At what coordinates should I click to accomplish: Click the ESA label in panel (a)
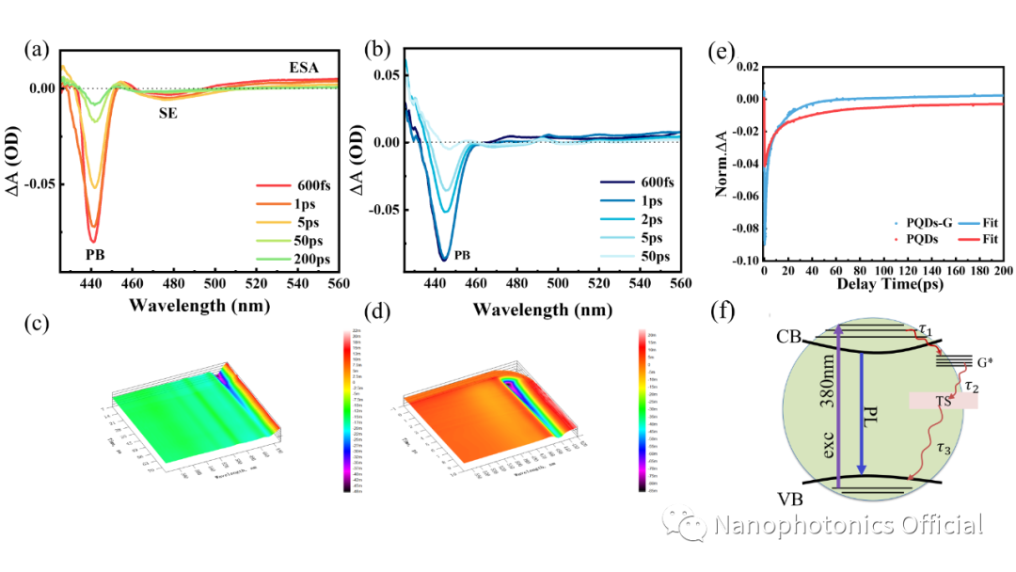click(304, 67)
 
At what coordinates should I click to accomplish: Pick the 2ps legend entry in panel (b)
click(649, 220)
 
